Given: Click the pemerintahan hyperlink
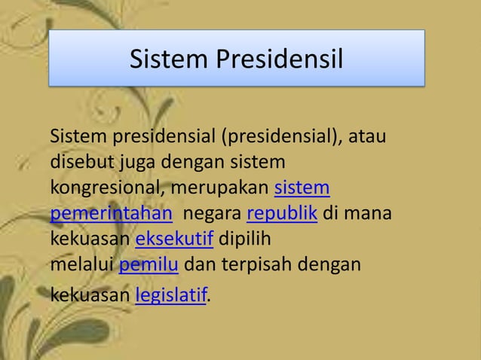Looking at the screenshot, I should point(111,214).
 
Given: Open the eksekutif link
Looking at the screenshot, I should point(174,240).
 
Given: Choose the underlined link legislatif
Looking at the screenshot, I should point(171,295).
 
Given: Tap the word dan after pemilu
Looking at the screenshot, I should point(198,266).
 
